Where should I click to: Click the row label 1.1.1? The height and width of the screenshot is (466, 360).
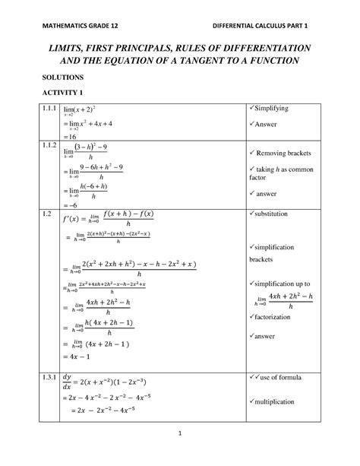51,109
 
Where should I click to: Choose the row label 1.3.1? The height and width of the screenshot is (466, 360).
51,376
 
